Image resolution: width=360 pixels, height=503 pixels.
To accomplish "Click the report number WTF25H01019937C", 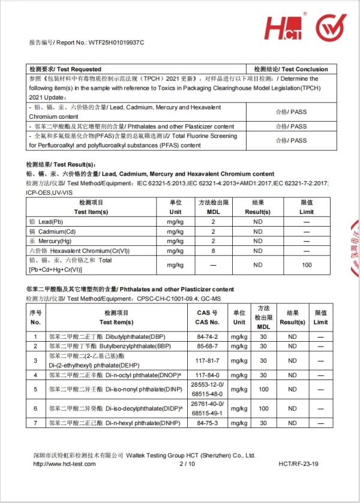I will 116,43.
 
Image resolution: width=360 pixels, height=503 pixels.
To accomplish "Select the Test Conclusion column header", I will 291,69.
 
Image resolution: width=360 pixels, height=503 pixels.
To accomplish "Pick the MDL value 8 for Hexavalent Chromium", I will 212,251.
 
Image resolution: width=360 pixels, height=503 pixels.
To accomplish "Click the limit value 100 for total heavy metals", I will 307,264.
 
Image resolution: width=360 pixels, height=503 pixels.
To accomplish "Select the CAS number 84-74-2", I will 207,337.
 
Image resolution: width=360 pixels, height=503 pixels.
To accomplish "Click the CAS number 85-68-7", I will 207,347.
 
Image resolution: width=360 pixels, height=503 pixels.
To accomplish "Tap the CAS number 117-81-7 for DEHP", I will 207,360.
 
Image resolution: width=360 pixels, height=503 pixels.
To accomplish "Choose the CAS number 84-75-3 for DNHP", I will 207,423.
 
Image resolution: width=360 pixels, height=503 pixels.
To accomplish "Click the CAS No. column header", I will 207,317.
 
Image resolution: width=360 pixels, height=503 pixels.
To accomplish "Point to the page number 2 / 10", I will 187,464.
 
